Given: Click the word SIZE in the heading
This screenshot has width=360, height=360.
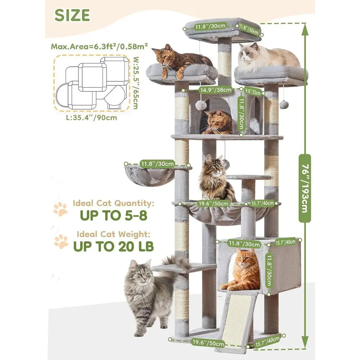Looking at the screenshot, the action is coord(72,15).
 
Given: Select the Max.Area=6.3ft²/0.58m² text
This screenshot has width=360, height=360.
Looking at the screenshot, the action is coord(99,46).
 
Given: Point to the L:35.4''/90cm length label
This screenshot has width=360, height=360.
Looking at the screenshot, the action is coord(91,118).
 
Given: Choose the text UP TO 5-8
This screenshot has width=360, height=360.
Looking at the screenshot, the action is coord(113,215).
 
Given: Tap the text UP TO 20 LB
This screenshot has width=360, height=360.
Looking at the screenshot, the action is coord(113,246).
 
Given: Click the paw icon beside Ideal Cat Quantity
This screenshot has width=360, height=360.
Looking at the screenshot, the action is coord(60,209).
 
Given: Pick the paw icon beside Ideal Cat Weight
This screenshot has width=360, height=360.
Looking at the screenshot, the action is coord(61,241).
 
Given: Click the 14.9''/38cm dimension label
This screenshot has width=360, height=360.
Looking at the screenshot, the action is coord(216,90).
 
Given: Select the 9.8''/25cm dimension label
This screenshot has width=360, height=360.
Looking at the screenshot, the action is coord(253,91).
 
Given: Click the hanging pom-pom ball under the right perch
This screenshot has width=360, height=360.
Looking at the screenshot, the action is coord(284,104).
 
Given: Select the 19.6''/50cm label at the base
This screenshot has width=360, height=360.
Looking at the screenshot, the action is coord(208,343).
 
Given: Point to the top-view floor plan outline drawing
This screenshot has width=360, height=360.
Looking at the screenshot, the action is coord(91,83).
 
